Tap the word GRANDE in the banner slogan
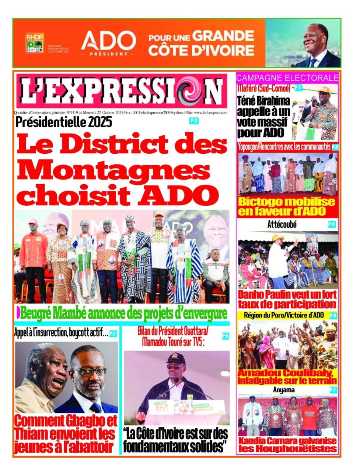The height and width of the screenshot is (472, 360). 223,37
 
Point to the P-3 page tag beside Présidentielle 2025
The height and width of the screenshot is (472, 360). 194,121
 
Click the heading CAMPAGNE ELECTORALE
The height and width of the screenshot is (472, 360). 287,78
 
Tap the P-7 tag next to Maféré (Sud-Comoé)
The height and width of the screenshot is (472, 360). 298,88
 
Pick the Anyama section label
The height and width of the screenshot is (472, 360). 284,389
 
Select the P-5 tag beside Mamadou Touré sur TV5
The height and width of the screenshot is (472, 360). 225,336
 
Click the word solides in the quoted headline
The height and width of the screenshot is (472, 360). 207,447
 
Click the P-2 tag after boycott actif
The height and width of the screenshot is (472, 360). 113,334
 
